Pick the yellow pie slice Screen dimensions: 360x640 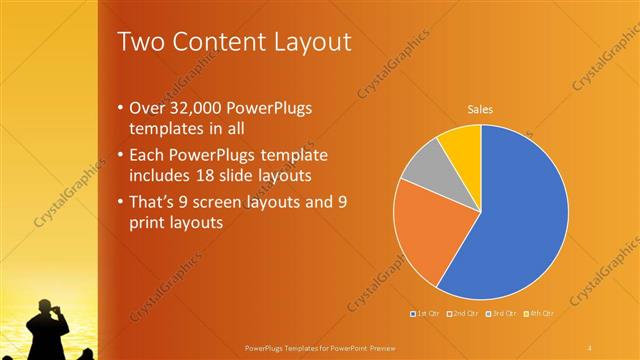pos(463,143)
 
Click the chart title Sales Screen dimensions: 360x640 pos(481,110)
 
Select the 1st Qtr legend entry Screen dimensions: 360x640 pos(426,314)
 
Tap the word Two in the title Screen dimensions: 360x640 pos(139,42)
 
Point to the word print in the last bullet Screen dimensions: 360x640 pos(149,223)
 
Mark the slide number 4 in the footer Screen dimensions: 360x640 pos(590,347)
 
